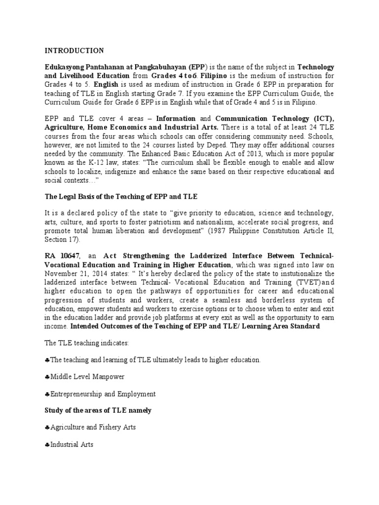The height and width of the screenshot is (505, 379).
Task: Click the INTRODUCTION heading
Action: click(x=75, y=50)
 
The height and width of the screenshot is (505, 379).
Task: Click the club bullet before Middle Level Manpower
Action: click(x=47, y=377)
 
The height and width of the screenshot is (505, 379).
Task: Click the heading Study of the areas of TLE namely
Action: click(x=98, y=410)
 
